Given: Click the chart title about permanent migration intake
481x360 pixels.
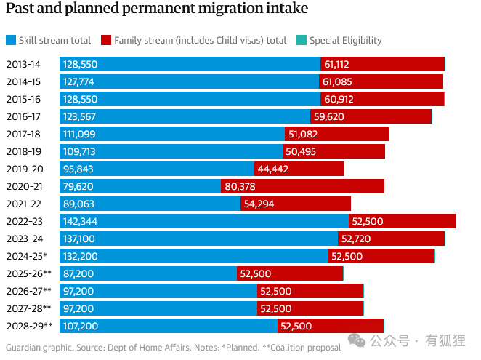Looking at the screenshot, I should click(157, 9).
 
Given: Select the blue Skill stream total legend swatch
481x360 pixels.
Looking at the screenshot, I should click(11, 41).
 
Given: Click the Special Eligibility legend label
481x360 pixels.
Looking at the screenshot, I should click(345, 41).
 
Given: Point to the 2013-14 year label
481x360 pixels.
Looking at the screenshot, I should click(25, 64).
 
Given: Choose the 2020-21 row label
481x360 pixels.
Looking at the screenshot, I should click(25, 186).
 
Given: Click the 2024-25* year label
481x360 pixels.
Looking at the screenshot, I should click(27, 256).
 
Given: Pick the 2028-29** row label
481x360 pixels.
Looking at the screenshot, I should click(29, 326).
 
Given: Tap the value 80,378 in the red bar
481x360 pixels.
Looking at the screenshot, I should click(240, 186).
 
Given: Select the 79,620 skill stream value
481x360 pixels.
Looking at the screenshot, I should click(78, 186).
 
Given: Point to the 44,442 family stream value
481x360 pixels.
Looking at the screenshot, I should click(273, 169).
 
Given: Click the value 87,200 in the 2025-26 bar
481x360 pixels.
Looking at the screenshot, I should click(78, 273).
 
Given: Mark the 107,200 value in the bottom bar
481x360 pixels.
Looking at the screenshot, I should click(80, 326).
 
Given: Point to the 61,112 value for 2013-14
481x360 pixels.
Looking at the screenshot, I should click(339, 64).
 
